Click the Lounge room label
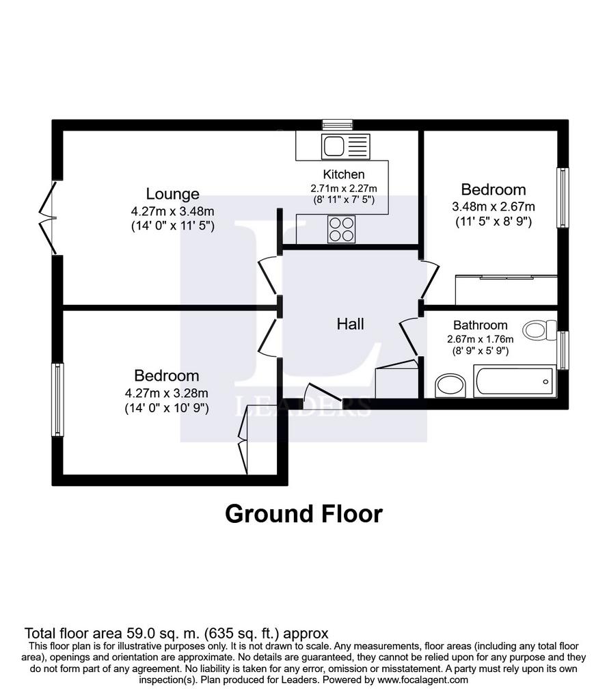(173, 194)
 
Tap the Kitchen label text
(344, 174)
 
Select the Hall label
(351, 323)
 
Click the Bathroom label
(481, 325)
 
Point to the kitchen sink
(346, 147)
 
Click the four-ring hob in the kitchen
(342, 229)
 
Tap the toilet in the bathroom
(540, 330)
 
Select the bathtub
(515, 381)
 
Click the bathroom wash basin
(450, 386)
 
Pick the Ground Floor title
(304, 514)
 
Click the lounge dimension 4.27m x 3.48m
(173, 211)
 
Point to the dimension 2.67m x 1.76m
(481, 339)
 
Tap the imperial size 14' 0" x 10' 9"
(167, 408)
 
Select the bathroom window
(563, 350)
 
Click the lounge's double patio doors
(49, 218)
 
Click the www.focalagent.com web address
(422, 680)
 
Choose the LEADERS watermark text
(303, 406)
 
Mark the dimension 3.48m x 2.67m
(494, 206)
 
